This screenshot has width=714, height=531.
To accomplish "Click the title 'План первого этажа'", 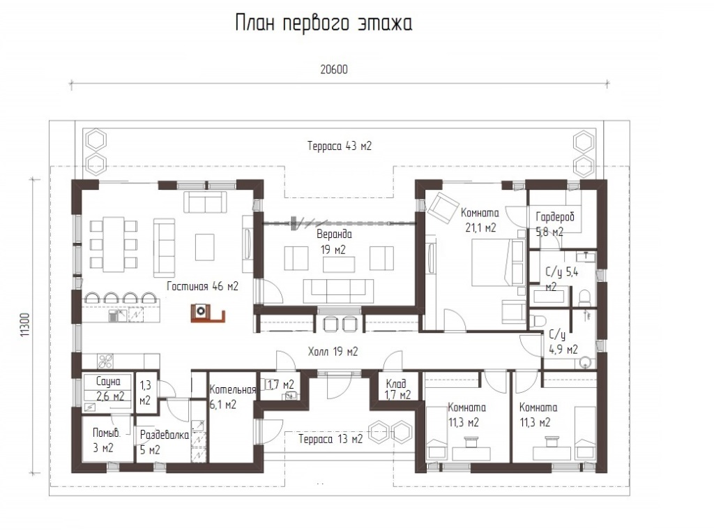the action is pyautogui.click(x=324, y=23).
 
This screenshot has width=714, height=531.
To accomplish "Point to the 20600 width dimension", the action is pyautogui.click(x=334, y=69).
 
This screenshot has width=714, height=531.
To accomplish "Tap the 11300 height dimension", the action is pyautogui.click(x=25, y=324).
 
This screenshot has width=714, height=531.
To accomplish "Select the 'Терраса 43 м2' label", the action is pyautogui.click(x=340, y=146).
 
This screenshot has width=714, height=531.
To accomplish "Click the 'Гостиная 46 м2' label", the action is pyautogui.click(x=202, y=286).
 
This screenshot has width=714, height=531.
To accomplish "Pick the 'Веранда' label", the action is pyautogui.click(x=334, y=234).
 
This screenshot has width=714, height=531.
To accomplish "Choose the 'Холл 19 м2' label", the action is pyautogui.click(x=333, y=352).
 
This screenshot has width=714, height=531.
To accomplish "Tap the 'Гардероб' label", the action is pyautogui.click(x=555, y=217).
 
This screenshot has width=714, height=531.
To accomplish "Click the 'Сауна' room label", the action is pyautogui.click(x=108, y=381).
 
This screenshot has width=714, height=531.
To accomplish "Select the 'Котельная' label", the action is pyautogui.click(x=233, y=389).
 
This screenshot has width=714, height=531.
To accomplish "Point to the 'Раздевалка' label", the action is pyautogui.click(x=164, y=435).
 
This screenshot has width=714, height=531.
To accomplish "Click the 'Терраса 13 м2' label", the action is pyautogui.click(x=331, y=439).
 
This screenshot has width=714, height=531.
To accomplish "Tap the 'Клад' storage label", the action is pyautogui.click(x=396, y=383).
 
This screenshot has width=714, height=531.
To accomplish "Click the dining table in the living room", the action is pyautogui.click(x=114, y=244).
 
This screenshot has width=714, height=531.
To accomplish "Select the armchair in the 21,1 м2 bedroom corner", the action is pyautogui.click(x=439, y=206).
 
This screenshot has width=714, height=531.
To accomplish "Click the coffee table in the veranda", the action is pyautogui.click(x=339, y=264).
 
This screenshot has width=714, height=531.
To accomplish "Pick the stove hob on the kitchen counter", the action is pyautogui.click(x=106, y=361).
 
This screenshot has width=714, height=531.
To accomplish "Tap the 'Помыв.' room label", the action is pyautogui.click(x=107, y=433).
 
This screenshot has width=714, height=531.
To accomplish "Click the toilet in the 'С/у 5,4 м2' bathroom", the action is pyautogui.click(x=585, y=299).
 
